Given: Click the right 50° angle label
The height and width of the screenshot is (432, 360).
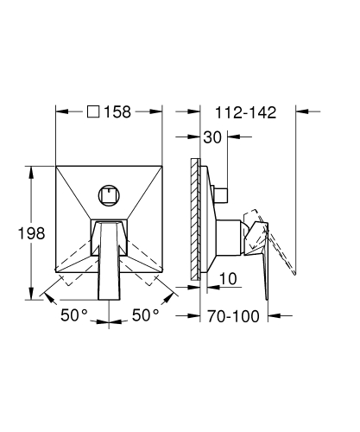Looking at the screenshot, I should pyautogui.click(x=144, y=314).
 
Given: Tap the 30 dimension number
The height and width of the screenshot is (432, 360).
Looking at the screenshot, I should pyautogui.click(x=212, y=137).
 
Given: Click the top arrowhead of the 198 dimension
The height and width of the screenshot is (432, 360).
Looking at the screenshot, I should pyautogui.click(x=35, y=162).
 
